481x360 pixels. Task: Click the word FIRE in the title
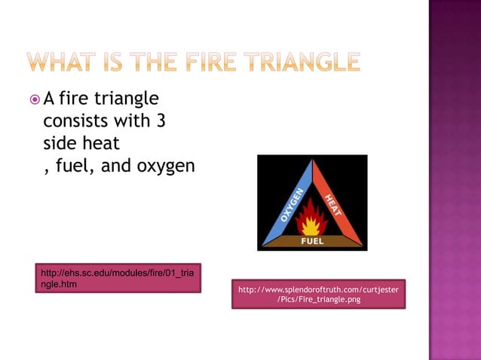tap(212, 62)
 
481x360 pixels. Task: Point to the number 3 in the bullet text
tap(161, 121)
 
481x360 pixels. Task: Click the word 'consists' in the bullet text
tap(76, 121)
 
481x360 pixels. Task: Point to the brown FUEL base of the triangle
tap(312, 241)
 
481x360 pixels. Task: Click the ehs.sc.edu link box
tap(118, 278)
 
